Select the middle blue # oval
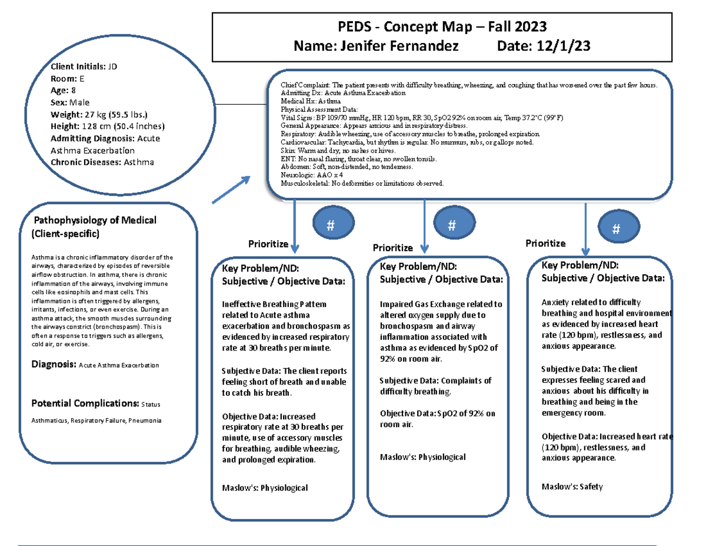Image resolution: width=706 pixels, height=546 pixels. point(451,224)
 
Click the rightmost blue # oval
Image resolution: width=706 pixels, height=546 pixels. point(616,229)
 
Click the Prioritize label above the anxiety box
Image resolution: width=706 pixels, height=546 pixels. point(545,243)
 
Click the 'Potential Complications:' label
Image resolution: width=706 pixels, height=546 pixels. point(85,403)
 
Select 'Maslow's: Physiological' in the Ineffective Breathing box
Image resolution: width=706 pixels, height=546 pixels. point(264,488)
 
